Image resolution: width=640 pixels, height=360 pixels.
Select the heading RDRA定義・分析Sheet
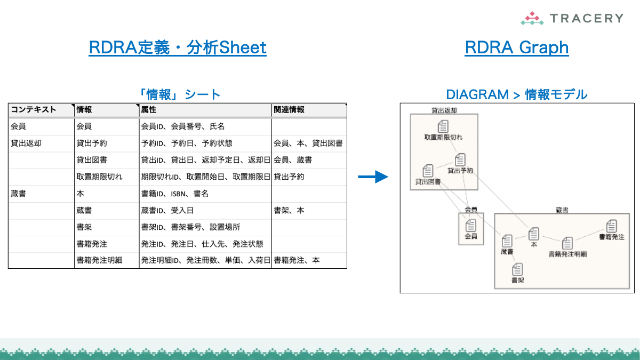178,48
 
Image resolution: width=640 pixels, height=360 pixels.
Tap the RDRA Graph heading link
516,48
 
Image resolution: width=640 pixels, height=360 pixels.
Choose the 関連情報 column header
289,110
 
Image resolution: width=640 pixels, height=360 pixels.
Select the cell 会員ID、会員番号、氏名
183,126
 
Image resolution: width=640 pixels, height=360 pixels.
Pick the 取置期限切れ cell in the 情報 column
100,177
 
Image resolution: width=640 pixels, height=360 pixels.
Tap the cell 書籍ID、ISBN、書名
174,194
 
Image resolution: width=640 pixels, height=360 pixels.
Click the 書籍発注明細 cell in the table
100,260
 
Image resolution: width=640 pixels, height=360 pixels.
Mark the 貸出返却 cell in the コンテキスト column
26,143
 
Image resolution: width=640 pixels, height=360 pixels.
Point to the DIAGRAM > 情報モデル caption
516,94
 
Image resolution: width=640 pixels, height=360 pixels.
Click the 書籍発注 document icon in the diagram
611,226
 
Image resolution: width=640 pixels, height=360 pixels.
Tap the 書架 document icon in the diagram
517,270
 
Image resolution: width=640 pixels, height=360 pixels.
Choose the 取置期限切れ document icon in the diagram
443,126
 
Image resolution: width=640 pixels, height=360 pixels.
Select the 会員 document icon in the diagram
471,226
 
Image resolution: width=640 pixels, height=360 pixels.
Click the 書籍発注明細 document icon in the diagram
567,243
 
